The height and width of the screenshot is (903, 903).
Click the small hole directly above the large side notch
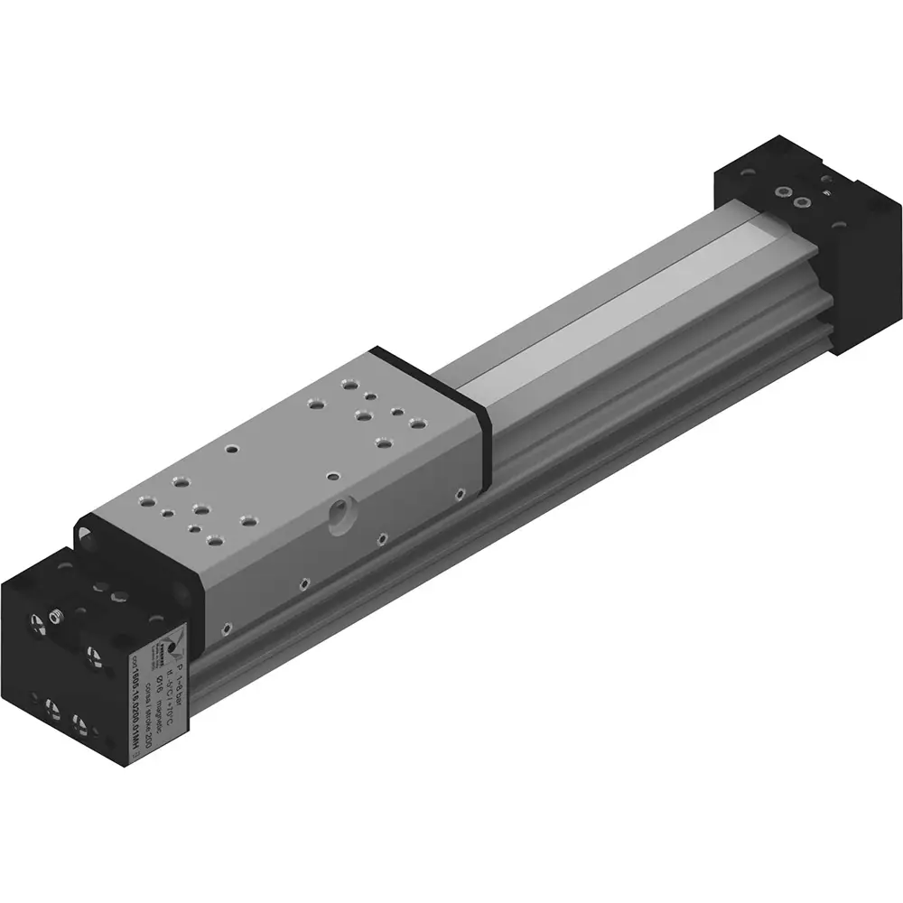(x=332, y=474)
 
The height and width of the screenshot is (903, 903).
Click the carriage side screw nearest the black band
(x=461, y=493)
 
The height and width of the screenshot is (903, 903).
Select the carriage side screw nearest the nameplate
(x=226, y=622)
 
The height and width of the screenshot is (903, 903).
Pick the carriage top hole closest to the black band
(x=417, y=422)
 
